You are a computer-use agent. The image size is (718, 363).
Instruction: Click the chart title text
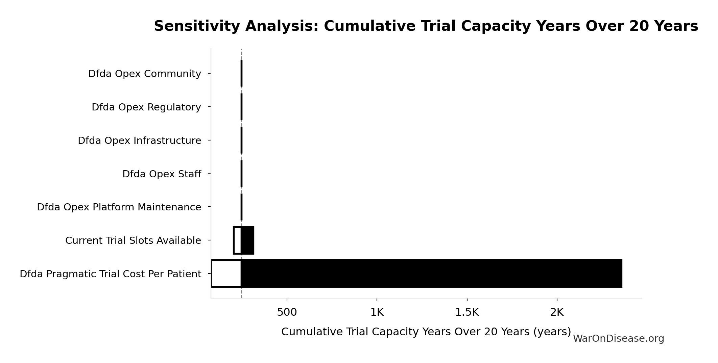pyautogui.click(x=426, y=26)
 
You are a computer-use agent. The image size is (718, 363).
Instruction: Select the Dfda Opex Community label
pyautogui.click(x=144, y=74)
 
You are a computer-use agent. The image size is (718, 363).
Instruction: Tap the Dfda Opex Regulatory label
pyautogui.click(x=146, y=107)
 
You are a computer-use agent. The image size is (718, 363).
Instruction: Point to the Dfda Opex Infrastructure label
pyautogui.click(x=139, y=140)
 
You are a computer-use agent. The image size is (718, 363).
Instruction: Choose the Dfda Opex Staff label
pyautogui.click(x=162, y=174)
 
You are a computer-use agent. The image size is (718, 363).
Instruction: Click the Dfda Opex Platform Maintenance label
pyautogui.click(x=119, y=207)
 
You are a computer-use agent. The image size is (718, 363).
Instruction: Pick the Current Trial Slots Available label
pyautogui.click(x=133, y=240)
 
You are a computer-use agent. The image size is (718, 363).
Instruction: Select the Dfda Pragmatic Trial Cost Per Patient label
pyautogui.click(x=110, y=274)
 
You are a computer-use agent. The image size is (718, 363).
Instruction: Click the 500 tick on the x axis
pyautogui.click(x=287, y=312)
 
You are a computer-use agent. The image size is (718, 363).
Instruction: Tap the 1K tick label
pyautogui.click(x=377, y=312)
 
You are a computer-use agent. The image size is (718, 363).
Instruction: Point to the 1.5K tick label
pyautogui.click(x=467, y=312)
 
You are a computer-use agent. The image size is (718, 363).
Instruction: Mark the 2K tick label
pyautogui.click(x=557, y=312)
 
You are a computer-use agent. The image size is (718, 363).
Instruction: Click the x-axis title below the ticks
pyautogui.click(x=426, y=332)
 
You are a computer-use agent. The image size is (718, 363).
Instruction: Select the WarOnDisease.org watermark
pyautogui.click(x=618, y=339)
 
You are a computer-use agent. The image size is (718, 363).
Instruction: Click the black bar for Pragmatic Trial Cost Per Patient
pyautogui.click(x=431, y=274)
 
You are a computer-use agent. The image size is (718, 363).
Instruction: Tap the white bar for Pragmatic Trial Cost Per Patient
pyautogui.click(x=226, y=274)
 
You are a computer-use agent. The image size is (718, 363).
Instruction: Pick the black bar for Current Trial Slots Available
pyautogui.click(x=247, y=240)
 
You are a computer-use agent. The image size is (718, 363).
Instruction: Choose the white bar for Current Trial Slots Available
pyautogui.click(x=237, y=240)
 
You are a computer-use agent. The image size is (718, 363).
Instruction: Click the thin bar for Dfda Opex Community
pyautogui.click(x=241, y=73)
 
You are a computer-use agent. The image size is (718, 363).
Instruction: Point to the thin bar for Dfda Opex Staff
pyautogui.click(x=241, y=174)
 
